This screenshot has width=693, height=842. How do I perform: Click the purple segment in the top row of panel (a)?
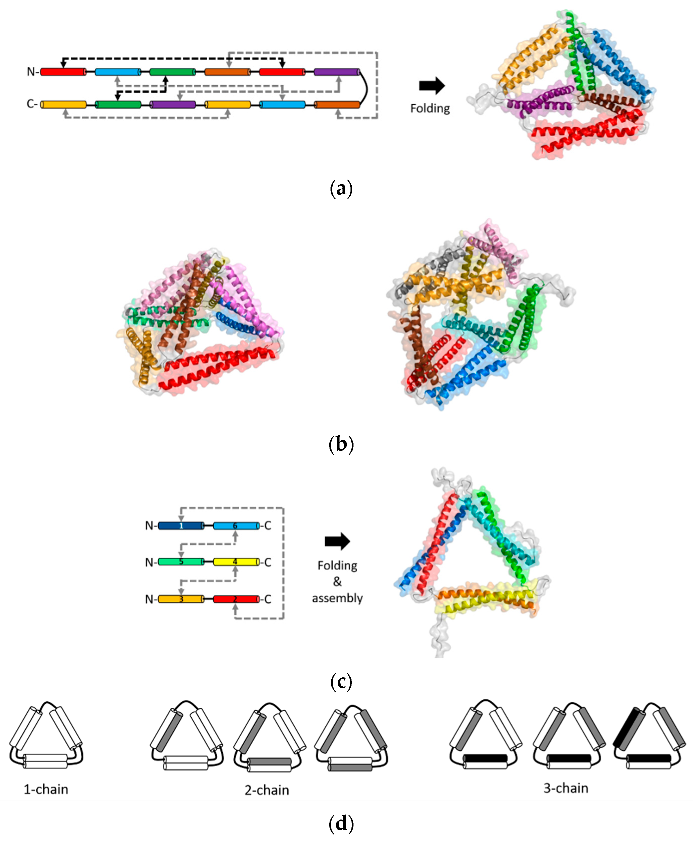click(337, 72)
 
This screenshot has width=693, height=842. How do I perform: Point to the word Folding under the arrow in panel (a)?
click(430, 108)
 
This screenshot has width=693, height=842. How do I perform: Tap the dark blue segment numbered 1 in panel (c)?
click(181, 526)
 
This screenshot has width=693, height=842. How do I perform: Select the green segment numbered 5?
click(181, 562)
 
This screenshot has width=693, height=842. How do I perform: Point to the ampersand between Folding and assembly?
click(337, 581)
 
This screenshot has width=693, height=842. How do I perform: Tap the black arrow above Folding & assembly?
click(337, 541)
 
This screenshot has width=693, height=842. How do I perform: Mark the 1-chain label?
click(46, 789)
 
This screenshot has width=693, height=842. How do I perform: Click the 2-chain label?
click(267, 790)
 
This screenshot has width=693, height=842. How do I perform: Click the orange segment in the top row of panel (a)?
click(227, 72)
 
